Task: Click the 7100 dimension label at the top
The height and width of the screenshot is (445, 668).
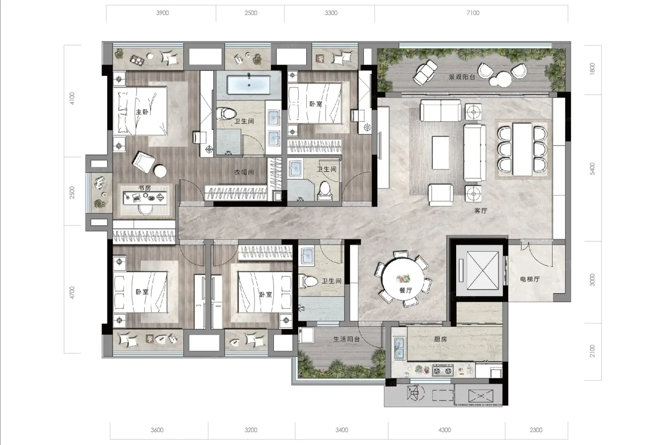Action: pyautogui.click(x=473, y=13)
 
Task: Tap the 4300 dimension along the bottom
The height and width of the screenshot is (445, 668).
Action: pyautogui.click(x=445, y=430)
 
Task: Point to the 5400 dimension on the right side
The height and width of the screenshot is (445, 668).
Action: pyautogui.click(x=592, y=169)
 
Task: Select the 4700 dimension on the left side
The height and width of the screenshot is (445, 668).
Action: pyautogui.click(x=72, y=292)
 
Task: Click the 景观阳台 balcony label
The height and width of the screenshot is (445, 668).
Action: pyautogui.click(x=462, y=77)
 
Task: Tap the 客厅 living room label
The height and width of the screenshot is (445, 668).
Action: pyautogui.click(x=480, y=211)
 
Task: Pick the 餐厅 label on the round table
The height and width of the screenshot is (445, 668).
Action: pyautogui.click(x=406, y=290)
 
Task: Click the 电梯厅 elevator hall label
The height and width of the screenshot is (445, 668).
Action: pyautogui.click(x=530, y=279)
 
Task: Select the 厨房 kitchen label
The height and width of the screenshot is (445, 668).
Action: pyautogui.click(x=440, y=339)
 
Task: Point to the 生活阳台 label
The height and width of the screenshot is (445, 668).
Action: pyautogui.click(x=346, y=339)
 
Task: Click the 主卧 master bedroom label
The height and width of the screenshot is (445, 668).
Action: pyautogui.click(x=142, y=112)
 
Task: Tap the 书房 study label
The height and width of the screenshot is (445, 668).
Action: pyautogui.click(x=145, y=188)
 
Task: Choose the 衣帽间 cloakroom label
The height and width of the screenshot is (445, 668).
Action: pyautogui.click(x=244, y=172)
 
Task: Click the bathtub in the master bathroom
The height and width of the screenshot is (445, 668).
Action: pyautogui.click(x=249, y=85)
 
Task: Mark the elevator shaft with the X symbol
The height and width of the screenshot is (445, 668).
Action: pyautogui.click(x=482, y=270)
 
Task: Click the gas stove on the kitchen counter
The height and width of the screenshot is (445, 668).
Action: pyautogui.click(x=443, y=371)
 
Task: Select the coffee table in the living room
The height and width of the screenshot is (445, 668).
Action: pyautogui.click(x=440, y=153)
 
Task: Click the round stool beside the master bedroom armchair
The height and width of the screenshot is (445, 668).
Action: pyautogui.click(x=160, y=171)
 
